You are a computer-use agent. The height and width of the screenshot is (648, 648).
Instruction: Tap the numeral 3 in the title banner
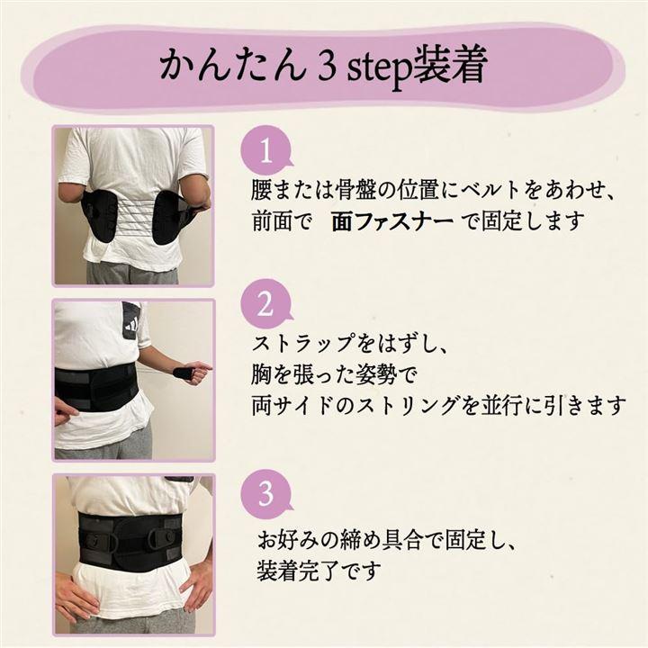tap(327, 66)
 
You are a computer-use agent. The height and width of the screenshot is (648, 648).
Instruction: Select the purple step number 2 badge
tap(266, 305)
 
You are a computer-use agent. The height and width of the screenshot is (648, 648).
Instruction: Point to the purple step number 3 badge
tap(266, 493)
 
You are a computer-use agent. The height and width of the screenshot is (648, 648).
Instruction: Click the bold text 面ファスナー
tap(392, 222)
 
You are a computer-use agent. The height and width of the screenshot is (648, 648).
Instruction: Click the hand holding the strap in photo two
tap(194, 371)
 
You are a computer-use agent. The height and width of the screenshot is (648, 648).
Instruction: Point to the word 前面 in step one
tap(273, 222)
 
